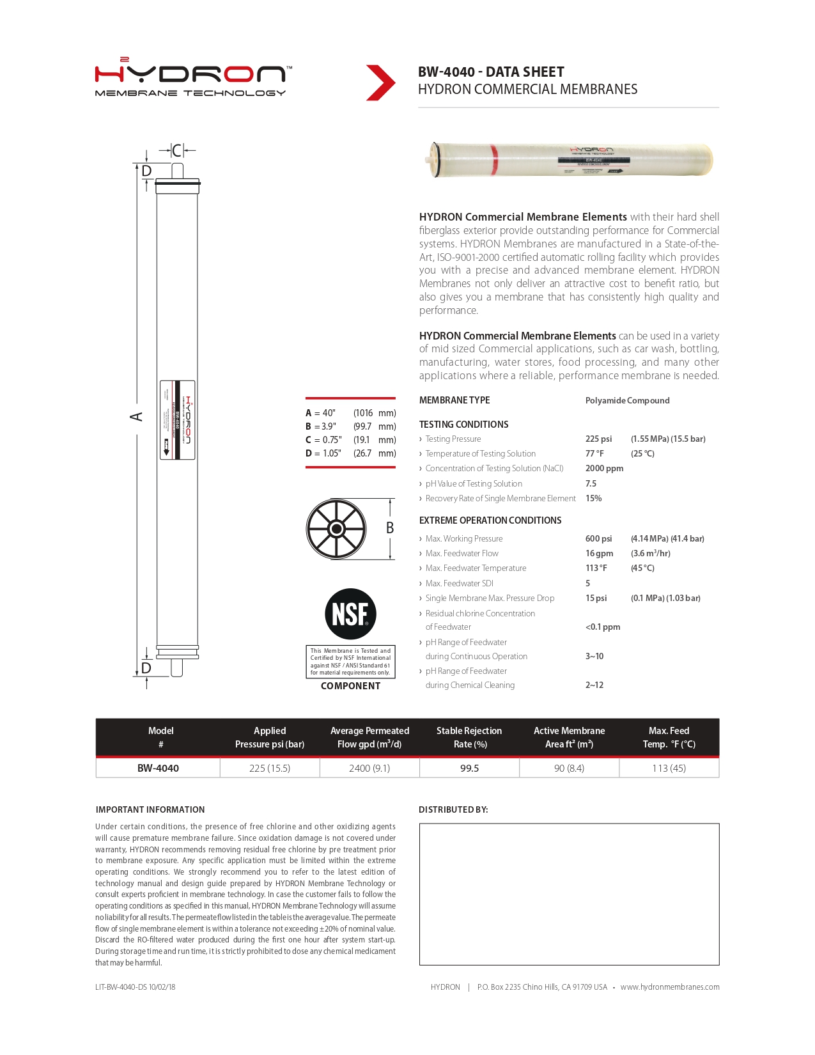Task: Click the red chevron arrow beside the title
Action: click(x=380, y=82)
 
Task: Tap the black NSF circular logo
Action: click(x=350, y=614)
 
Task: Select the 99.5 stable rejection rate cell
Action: click(x=469, y=768)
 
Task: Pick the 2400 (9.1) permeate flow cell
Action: click(x=369, y=768)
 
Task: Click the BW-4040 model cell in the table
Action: click(x=158, y=768)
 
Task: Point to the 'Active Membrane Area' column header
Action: click(x=569, y=737)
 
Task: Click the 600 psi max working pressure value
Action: click(x=598, y=538)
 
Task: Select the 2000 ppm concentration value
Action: click(x=604, y=468)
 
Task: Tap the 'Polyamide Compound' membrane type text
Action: click(x=627, y=400)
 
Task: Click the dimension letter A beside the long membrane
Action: click(x=136, y=417)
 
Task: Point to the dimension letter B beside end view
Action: click(x=389, y=528)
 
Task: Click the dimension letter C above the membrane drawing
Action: click(x=177, y=151)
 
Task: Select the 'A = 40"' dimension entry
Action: click(x=320, y=413)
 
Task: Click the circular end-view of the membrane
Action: click(x=336, y=529)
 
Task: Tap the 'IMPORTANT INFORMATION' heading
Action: click(x=150, y=809)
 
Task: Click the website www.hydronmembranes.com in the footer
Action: click(x=669, y=987)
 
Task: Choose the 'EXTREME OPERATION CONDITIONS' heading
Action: click(x=490, y=520)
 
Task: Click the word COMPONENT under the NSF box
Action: click(x=350, y=686)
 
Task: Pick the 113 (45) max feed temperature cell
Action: click(x=669, y=768)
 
